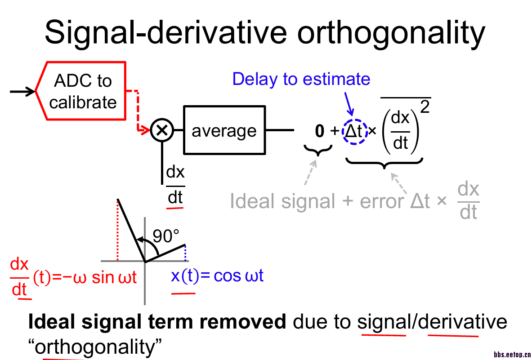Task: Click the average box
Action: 224,130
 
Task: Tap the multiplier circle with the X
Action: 162,130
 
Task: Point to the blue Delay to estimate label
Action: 301,79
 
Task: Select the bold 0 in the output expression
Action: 319,131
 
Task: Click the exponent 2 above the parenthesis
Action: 423,108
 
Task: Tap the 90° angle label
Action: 166,235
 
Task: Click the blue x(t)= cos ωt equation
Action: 217,276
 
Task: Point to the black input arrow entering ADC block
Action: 22,92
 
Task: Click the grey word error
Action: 381,201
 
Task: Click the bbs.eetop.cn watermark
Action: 512,354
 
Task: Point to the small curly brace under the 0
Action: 318,151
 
